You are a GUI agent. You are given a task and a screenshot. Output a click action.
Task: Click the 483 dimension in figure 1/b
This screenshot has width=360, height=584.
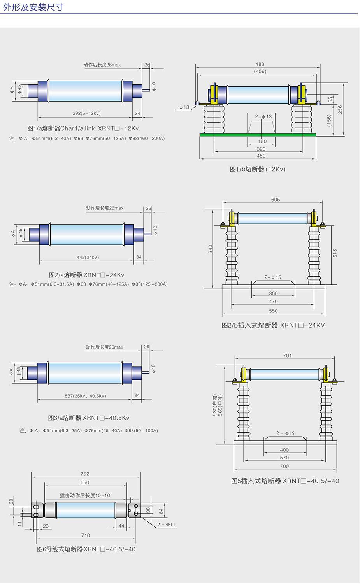click(260, 64)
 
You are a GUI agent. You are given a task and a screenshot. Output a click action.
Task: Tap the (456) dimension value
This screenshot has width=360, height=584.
click(260, 71)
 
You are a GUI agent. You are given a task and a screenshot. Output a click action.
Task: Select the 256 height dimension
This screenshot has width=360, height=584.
click(340, 109)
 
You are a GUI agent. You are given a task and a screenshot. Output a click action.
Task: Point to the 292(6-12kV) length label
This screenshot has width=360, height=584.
click(86, 113)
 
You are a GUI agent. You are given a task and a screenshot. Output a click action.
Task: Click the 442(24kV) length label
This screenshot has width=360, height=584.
click(88, 257)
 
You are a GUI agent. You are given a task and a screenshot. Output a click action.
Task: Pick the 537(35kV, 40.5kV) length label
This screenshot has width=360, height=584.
click(85, 396)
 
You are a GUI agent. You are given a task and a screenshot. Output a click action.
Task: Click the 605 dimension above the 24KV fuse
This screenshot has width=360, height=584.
click(276, 200)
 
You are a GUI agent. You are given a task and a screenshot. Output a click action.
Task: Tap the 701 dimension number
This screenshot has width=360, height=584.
click(288, 356)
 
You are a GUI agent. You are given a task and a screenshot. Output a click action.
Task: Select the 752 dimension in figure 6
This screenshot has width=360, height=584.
click(85, 474)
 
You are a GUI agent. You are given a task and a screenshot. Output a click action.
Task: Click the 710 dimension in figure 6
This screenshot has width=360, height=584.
click(86, 535)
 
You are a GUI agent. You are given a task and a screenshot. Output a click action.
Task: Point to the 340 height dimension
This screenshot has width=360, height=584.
click(210, 249)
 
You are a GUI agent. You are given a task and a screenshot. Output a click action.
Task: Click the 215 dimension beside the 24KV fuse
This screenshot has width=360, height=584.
click(335, 253)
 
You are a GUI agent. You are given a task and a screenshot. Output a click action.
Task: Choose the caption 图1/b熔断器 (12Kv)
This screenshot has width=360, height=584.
click(258, 169)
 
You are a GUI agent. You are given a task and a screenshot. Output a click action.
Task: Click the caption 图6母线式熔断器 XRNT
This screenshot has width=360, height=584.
click(86, 549)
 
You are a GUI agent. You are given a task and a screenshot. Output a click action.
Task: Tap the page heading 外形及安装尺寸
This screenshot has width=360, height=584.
click(33, 7)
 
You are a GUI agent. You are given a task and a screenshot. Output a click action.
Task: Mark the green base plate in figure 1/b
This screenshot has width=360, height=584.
click(258, 135)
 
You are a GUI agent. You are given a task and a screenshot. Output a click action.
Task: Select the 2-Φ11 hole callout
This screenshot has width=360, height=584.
click(167, 524)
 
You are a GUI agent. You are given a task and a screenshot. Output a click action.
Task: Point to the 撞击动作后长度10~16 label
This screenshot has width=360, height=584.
click(85, 495)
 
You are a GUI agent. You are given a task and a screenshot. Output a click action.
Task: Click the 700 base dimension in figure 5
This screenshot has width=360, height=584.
click(284, 466)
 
